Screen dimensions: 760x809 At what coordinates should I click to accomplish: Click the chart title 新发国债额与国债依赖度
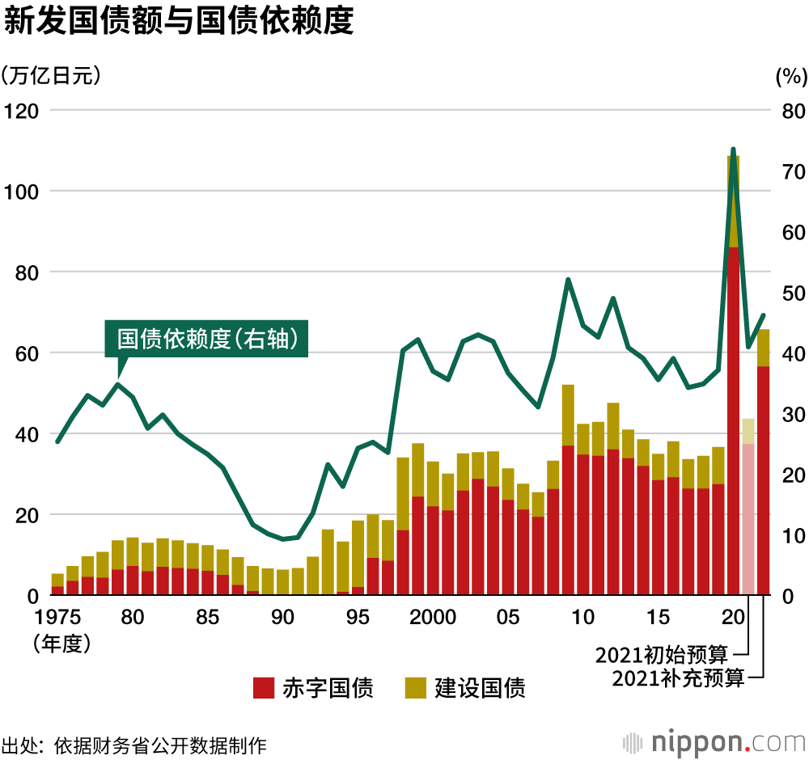coord(179,22)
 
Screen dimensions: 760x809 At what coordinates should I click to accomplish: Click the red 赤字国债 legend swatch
coord(264,688)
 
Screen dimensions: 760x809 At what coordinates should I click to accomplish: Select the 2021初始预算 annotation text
coord(662,653)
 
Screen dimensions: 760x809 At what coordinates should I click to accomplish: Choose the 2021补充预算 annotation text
coord(678,678)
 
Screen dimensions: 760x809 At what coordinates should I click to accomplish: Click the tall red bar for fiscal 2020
coord(734,420)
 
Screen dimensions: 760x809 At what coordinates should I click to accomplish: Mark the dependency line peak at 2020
coord(734,150)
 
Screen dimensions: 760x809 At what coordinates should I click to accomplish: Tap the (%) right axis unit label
coord(791,77)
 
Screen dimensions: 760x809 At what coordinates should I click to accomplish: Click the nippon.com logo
coord(714,741)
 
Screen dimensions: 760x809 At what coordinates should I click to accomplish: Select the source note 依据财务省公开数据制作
coord(159,744)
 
